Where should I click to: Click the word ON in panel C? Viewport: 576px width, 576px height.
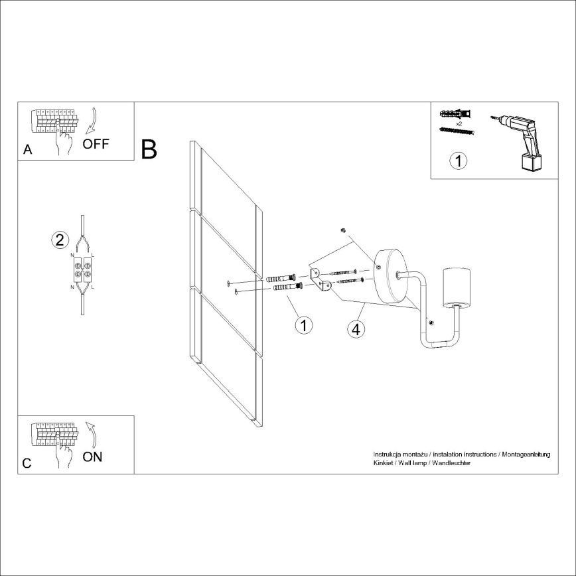click(93, 457)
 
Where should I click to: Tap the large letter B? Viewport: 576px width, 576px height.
click(149, 149)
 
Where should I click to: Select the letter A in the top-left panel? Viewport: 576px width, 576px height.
click(27, 150)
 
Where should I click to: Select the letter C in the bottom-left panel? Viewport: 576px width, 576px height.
click(27, 463)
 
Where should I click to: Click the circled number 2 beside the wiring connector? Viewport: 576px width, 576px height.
click(60, 240)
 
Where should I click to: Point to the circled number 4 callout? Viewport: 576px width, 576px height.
click(356, 328)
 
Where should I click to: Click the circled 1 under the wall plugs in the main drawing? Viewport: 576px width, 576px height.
click(303, 325)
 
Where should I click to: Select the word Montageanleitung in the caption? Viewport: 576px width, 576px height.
click(525, 454)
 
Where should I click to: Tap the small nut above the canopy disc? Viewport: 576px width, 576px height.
click(342, 231)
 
